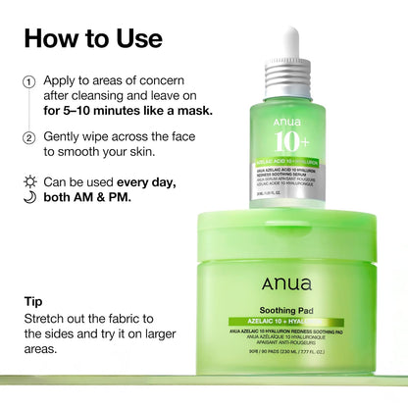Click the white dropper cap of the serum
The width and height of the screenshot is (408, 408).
(x=291, y=44)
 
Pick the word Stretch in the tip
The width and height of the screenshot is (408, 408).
(x=50, y=319)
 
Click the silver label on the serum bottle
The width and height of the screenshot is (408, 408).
(x=291, y=178)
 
